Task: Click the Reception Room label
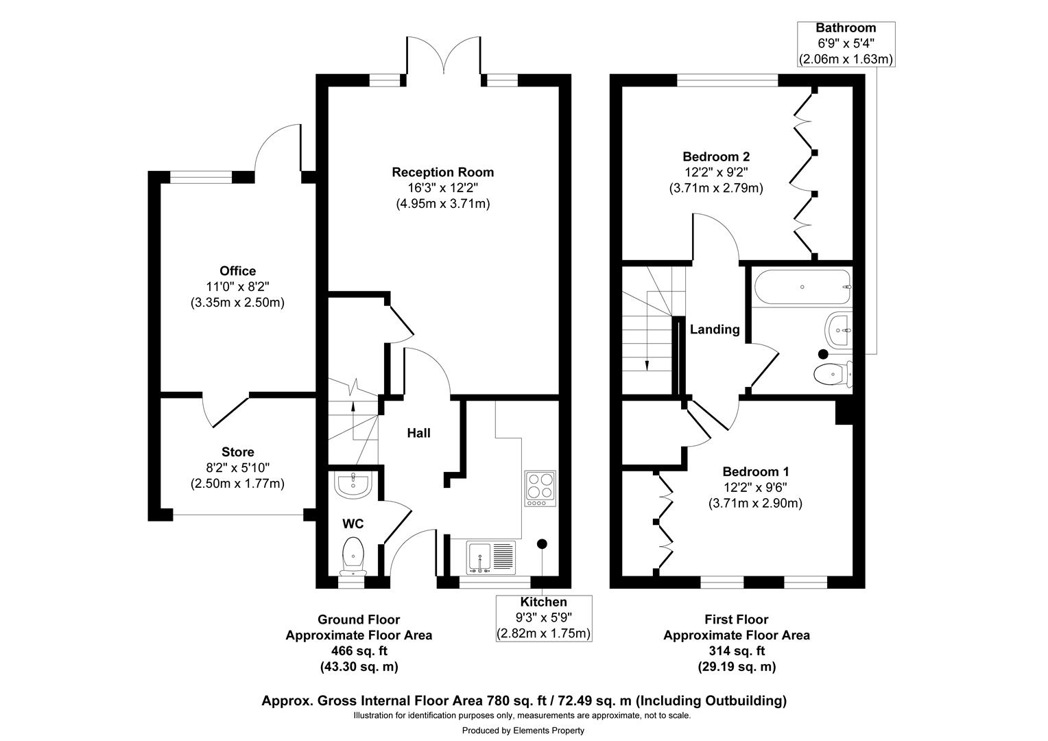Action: [x=442, y=172]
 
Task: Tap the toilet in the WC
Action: [x=353, y=554]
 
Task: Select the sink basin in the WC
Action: [x=353, y=484]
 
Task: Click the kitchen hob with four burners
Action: [x=540, y=487]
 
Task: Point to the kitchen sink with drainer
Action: [x=491, y=556]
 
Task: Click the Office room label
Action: [x=237, y=271]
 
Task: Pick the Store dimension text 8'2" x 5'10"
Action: [x=237, y=468]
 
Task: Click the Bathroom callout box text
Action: [x=846, y=43]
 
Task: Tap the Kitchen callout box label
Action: [x=544, y=602]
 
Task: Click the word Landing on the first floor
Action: [x=715, y=329]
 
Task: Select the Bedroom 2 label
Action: [x=715, y=156]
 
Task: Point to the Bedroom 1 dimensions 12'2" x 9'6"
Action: [x=755, y=487]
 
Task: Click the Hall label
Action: [x=418, y=433]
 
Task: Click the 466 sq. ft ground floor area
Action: [x=359, y=650]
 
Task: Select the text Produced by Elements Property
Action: [x=523, y=731]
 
